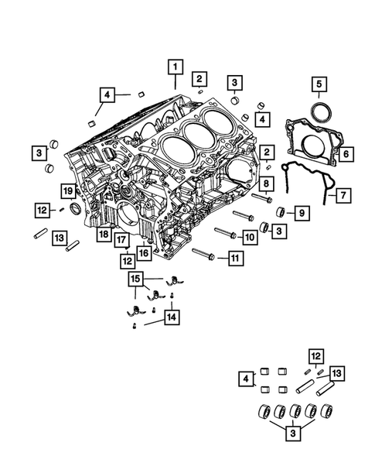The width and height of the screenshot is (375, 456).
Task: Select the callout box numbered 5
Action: click(x=319, y=84)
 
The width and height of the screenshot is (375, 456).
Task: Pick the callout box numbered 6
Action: click(x=345, y=155)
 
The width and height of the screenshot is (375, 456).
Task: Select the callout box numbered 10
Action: click(x=250, y=236)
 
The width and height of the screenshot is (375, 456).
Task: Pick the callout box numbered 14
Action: click(x=172, y=316)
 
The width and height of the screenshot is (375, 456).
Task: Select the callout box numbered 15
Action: click(x=135, y=278)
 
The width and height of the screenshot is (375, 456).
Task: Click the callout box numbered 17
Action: click(x=121, y=240)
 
